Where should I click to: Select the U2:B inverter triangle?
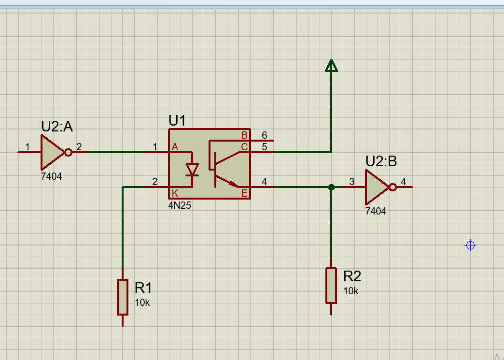[x=376, y=187]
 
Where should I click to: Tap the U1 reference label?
[x=177, y=120]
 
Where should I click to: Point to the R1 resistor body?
[x=123, y=297]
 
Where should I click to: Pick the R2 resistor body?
[x=331, y=285]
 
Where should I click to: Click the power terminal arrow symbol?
[x=331, y=66]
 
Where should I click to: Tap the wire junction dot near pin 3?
[x=331, y=187]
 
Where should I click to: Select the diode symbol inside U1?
[x=193, y=170]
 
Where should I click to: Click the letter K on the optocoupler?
[x=175, y=193]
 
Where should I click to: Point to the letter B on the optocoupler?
[x=244, y=135]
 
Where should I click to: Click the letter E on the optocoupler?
[x=244, y=193]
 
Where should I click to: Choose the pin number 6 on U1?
[x=264, y=135]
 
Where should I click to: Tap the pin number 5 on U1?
[x=264, y=146]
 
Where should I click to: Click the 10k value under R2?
[x=351, y=291]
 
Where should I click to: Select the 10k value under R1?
[x=142, y=302]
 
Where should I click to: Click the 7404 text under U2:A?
[x=52, y=176]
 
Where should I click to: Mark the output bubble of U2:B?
[x=392, y=187]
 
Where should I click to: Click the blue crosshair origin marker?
[x=470, y=245]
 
